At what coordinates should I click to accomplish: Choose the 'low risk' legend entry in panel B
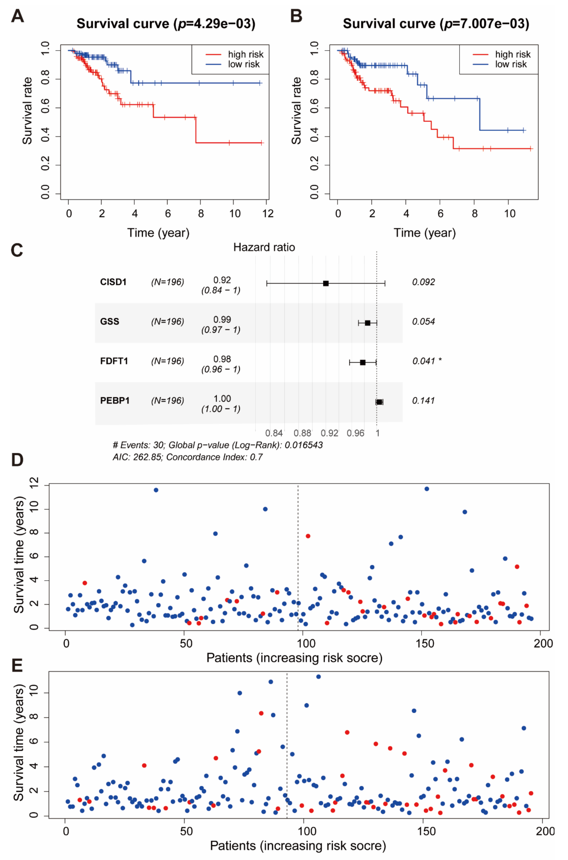tap(511, 64)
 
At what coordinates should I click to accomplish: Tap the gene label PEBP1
tap(115, 401)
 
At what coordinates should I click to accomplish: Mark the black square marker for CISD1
tap(326, 283)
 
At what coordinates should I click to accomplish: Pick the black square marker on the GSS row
tap(367, 323)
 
